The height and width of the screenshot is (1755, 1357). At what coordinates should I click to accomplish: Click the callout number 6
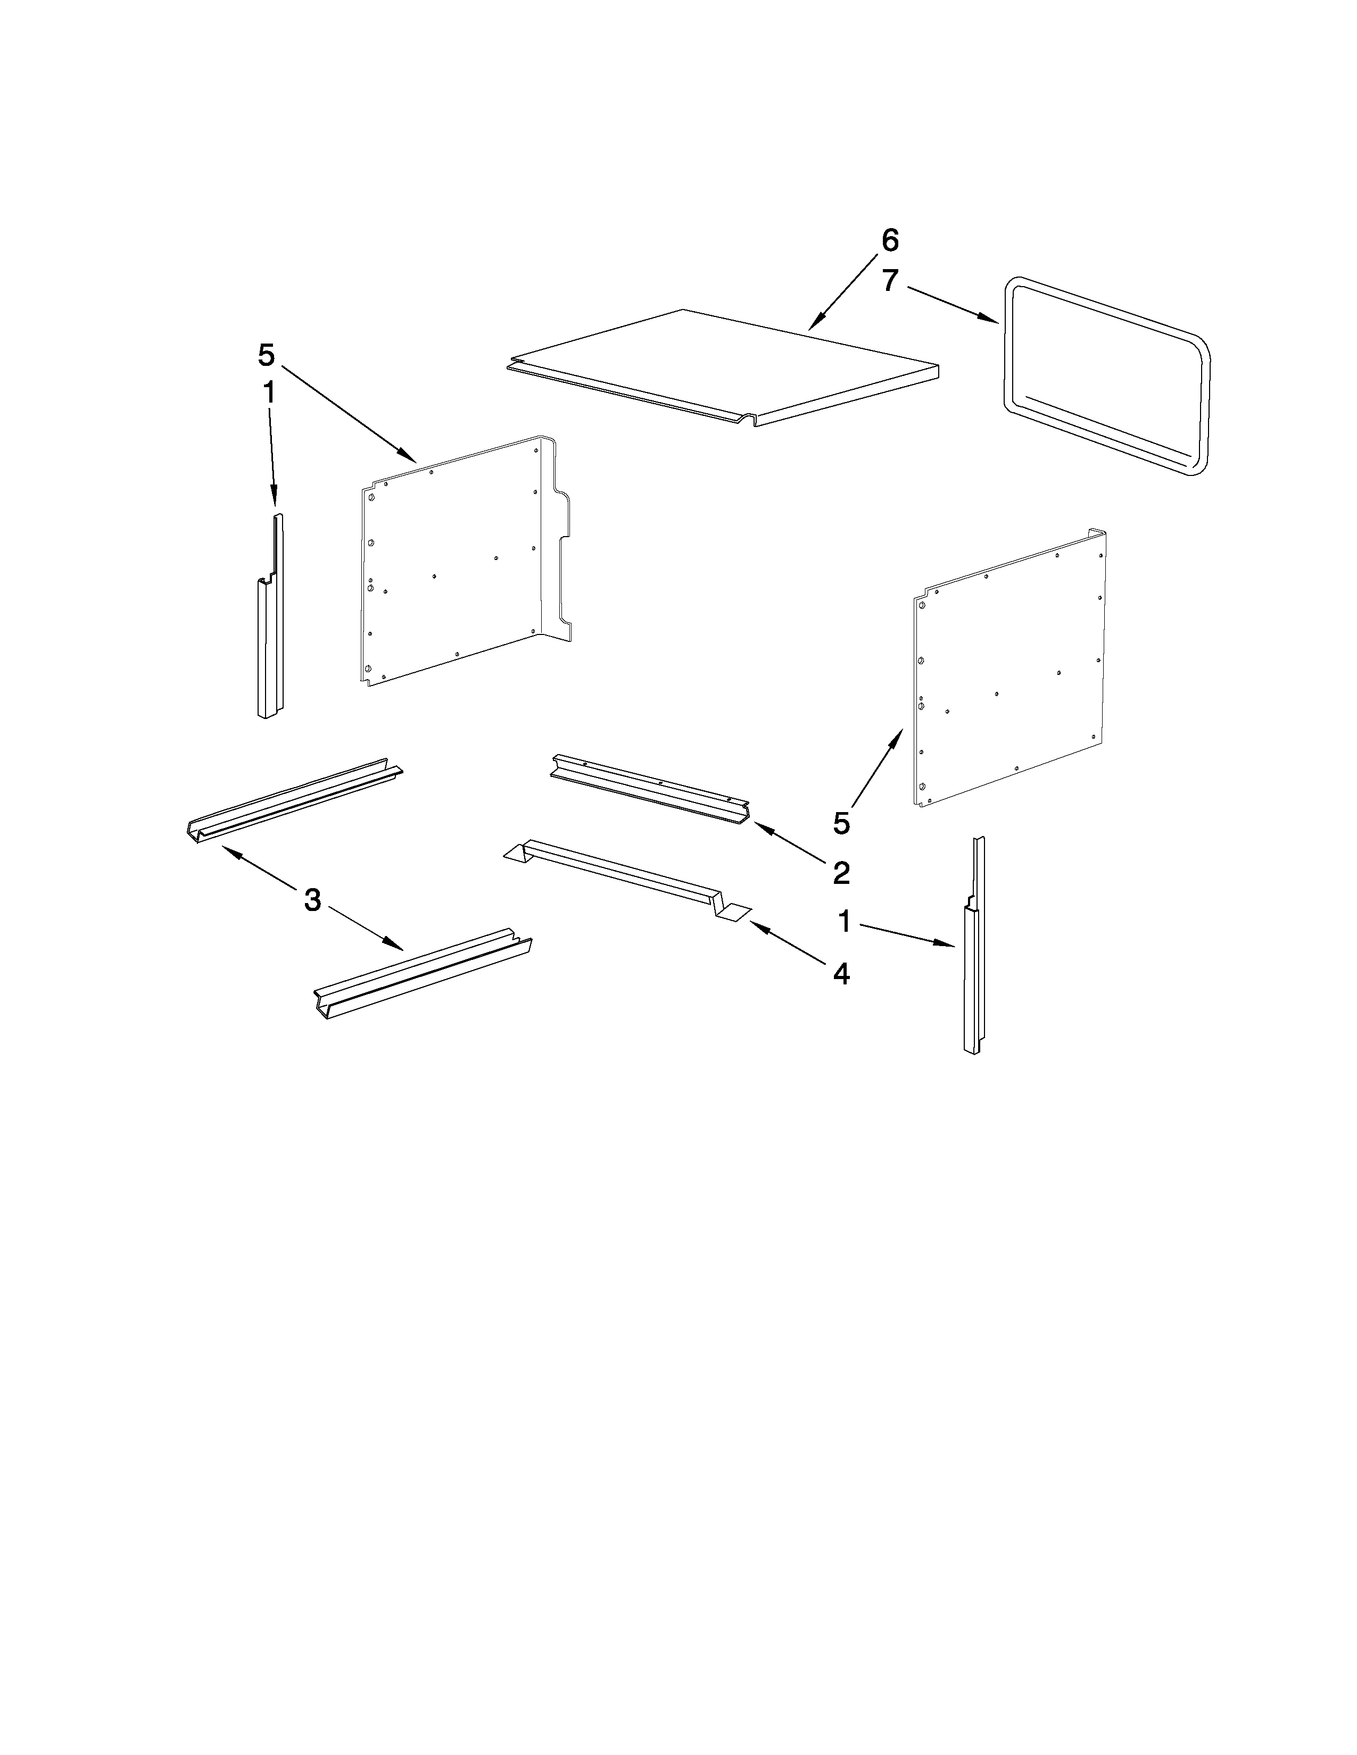890,240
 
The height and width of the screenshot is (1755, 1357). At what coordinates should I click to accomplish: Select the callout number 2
841,873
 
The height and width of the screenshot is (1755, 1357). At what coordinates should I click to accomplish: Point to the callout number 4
841,974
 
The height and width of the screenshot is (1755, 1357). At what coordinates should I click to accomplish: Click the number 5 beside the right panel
841,823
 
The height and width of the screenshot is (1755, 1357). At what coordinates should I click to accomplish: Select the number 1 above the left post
269,393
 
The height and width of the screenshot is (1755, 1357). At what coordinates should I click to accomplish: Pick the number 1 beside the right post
844,922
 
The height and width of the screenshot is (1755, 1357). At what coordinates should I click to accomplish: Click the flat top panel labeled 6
724,366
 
